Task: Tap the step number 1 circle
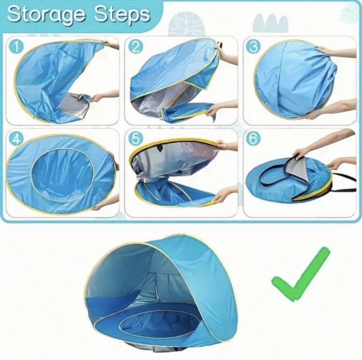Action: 16,47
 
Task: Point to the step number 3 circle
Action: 254,47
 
